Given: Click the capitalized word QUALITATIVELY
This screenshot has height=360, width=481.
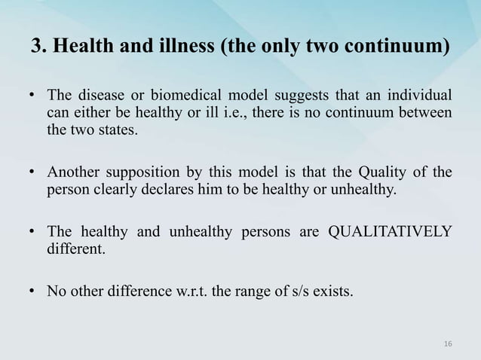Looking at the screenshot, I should point(389,231).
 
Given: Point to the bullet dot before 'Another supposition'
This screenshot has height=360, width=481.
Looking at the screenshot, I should point(33,175).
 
